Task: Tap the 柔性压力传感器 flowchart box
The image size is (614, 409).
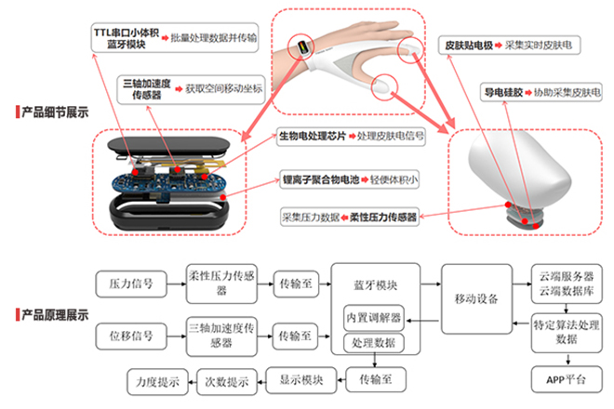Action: tap(220, 280)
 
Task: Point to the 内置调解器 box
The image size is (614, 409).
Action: tap(372, 317)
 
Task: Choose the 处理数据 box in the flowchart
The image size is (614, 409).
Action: tap(372, 343)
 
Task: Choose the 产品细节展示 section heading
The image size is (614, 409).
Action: tap(56, 112)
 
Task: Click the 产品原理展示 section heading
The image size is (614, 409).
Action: tap(56, 316)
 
